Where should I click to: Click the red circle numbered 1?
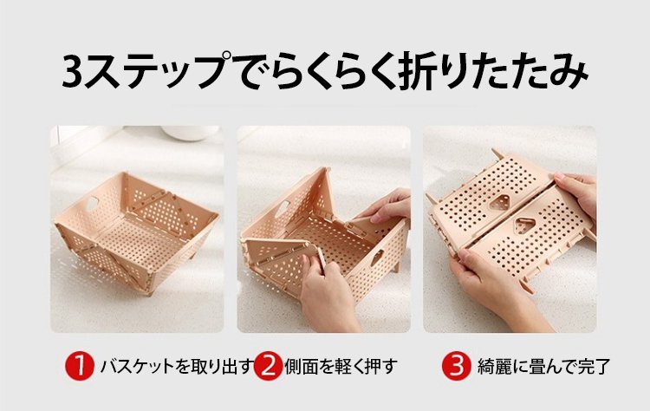click(x=79, y=366)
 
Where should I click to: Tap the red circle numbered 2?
click(x=268, y=366)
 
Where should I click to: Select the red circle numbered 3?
click(x=456, y=366)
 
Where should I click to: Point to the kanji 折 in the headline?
click(x=418, y=71)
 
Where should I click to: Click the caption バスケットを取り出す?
click(x=177, y=367)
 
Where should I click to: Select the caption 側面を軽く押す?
click(x=341, y=367)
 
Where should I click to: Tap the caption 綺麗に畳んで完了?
click(x=543, y=367)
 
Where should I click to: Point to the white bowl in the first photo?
click(x=191, y=133)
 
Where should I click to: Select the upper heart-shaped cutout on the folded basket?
click(x=499, y=204)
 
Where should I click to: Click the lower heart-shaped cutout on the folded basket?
click(x=524, y=225)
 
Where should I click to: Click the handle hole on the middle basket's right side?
click(x=376, y=258)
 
